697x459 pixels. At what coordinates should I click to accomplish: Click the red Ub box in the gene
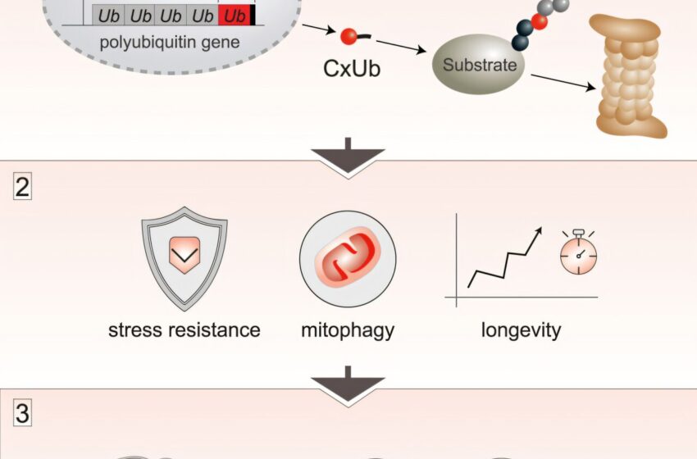tap(235, 16)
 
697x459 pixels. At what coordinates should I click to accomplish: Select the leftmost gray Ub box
tap(107, 16)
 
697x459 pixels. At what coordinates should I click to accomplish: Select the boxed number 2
tap(23, 188)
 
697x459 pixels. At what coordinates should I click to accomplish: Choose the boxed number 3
tap(23, 414)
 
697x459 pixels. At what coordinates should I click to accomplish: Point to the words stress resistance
tap(184, 330)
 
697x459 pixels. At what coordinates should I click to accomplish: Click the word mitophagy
tap(348, 330)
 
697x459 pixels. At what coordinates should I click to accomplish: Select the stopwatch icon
tap(578, 255)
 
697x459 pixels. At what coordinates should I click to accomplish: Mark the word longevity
tap(522, 330)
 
